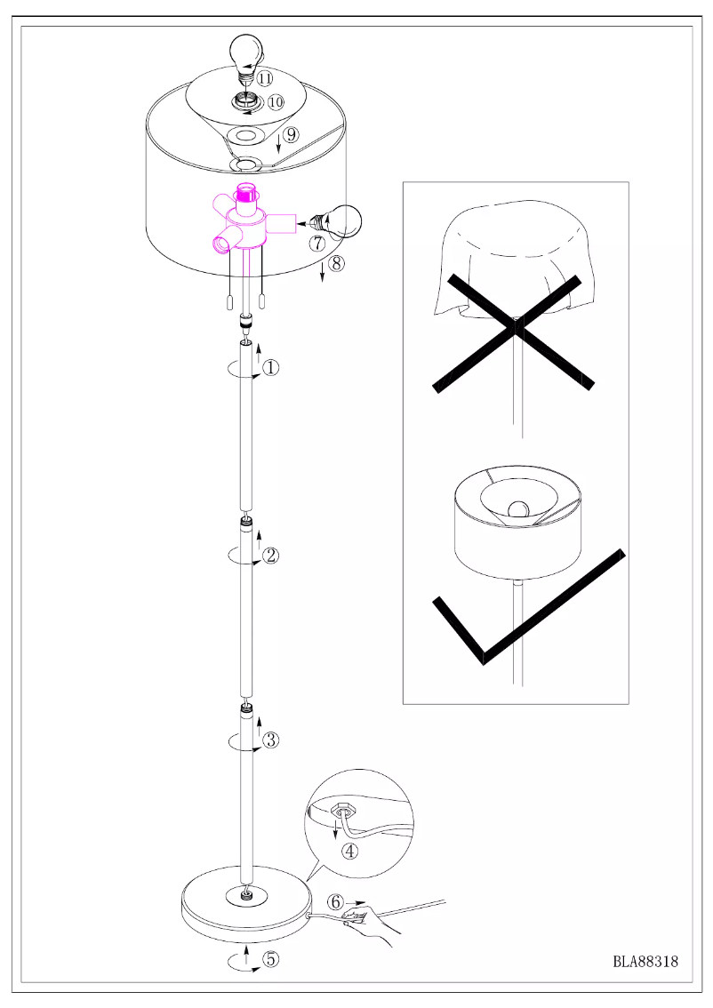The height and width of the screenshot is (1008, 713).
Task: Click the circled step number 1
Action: [x=272, y=366]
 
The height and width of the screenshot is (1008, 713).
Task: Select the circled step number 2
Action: [x=272, y=556]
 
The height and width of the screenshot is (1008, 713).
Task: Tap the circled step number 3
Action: [x=272, y=739]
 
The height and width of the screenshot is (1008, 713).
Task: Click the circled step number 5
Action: [x=270, y=959]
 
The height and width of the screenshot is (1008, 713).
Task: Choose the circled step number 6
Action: [x=336, y=901]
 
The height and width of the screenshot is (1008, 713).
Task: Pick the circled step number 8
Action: [x=335, y=262]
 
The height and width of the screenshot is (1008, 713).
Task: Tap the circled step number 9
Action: [x=292, y=135]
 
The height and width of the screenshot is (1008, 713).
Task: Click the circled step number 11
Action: [x=265, y=77]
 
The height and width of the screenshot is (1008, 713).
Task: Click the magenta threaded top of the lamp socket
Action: [x=245, y=192]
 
